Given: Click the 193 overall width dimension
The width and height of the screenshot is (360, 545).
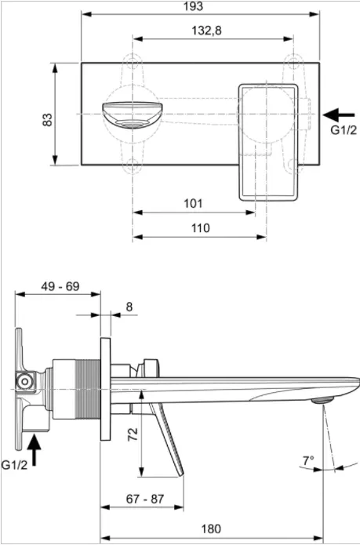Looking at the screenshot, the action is pos(194,6).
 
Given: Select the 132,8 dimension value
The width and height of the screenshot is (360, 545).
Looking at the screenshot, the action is pos(206,31).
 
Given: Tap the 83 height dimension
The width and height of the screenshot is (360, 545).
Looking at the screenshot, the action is pos(47,120).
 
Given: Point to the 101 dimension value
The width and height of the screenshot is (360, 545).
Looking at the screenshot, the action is pos(193,203).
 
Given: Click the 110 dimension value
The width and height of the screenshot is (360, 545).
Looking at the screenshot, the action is pos(201,228).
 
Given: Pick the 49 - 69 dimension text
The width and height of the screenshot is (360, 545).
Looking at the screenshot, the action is pos(60,286).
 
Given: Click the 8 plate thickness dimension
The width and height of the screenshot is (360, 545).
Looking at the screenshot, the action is pos(129,307).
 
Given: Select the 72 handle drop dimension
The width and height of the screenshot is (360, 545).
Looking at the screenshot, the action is pos(133,434).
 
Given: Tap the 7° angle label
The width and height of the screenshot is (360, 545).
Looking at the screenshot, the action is pos(308,461).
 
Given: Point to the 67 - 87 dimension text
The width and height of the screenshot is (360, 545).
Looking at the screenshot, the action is pos(144,499).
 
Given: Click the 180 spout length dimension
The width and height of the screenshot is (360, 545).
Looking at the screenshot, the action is pos(211,529).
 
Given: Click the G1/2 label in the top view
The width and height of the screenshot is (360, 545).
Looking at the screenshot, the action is pos(344,130).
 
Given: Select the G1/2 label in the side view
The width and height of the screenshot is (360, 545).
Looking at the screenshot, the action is pos(14,465).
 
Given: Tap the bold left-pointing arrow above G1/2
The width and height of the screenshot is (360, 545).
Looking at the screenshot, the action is pos(339,115).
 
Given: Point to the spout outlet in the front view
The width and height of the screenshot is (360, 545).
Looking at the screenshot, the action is pos(132,115).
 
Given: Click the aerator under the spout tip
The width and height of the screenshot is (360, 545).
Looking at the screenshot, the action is pos(322,401).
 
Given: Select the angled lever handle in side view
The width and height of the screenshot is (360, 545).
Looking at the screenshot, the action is pos(167,440).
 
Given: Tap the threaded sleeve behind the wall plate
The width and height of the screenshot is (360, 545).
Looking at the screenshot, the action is pos(89,389).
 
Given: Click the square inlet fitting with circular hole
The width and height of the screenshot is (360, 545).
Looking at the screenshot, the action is pos(25,382).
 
